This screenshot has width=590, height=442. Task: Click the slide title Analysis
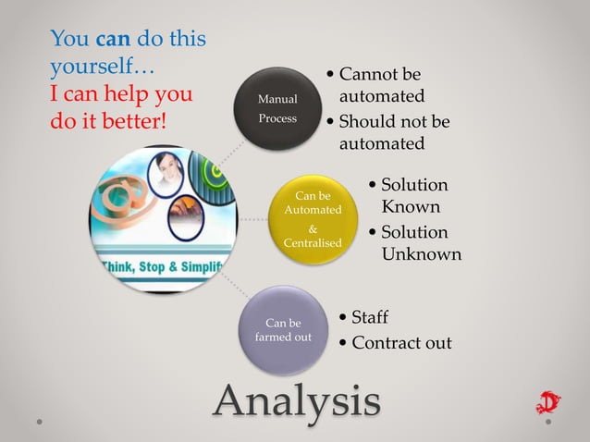point(297,401)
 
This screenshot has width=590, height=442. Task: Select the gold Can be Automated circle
point(312,220)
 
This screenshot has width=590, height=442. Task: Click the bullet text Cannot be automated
point(381,85)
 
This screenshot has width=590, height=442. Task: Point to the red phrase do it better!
point(108,120)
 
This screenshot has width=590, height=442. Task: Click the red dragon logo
point(547,404)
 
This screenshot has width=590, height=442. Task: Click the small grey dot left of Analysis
point(40,422)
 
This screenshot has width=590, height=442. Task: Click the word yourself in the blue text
point(91,67)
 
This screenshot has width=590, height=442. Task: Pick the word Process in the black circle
point(277,118)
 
